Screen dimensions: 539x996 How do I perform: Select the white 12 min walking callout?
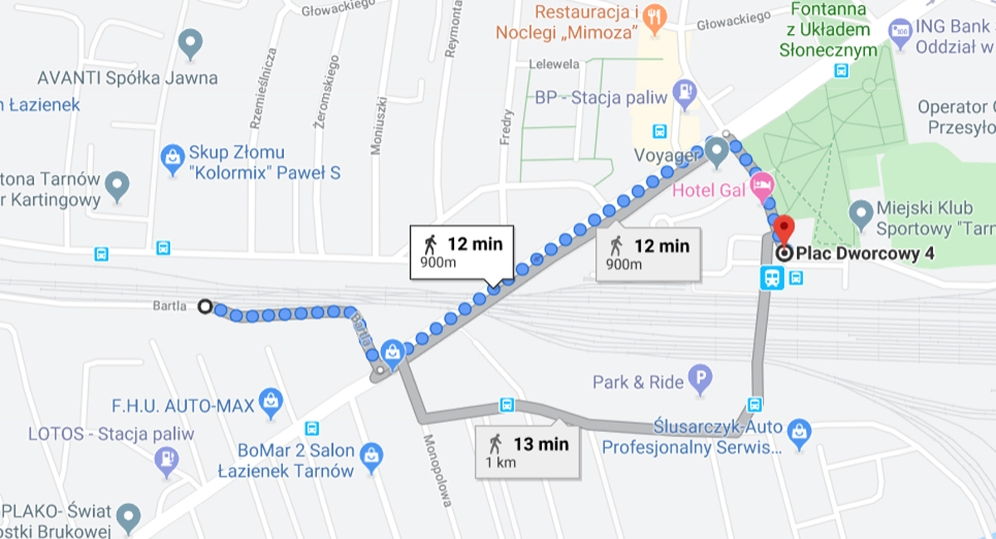(461, 252)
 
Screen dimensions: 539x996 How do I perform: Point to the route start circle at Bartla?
(205, 307)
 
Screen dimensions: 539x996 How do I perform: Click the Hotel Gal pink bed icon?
(761, 185)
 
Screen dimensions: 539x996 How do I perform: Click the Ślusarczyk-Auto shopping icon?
(799, 431)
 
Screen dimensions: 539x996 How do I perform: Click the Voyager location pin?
(716, 152)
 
